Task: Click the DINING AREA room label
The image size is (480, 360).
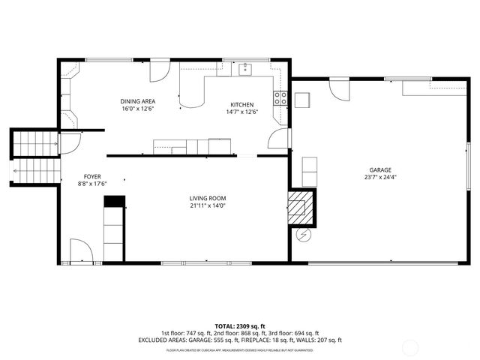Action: [x=138, y=101]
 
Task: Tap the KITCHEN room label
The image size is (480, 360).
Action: [x=241, y=105]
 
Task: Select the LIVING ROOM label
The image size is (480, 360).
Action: [x=207, y=198]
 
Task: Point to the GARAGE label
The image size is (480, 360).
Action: [x=379, y=170]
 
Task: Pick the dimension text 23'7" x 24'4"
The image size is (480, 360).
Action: [x=379, y=178]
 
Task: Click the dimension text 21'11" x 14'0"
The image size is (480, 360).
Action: [x=207, y=205]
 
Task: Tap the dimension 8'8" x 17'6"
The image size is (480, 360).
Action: [x=92, y=184]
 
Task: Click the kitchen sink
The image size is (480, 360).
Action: [x=245, y=70]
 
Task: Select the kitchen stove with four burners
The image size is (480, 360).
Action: [x=280, y=97]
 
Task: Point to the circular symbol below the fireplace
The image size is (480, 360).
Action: [x=303, y=235]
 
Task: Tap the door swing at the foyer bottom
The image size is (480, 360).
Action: [x=80, y=250]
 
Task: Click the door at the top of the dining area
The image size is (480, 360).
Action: [x=160, y=70]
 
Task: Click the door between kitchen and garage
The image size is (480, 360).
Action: [x=279, y=138]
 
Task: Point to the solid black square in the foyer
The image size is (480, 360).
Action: [x=113, y=201]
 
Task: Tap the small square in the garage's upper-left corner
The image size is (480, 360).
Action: [x=302, y=100]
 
